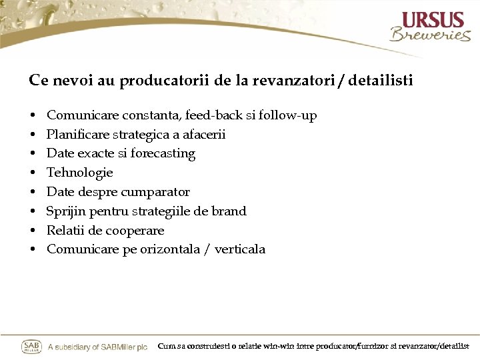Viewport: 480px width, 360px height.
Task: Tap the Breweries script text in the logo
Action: click(x=430, y=35)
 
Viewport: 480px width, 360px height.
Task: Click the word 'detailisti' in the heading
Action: click(x=381, y=81)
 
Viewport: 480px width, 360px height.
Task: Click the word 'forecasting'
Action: click(x=163, y=154)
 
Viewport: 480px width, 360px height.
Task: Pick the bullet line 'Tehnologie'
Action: click(x=80, y=173)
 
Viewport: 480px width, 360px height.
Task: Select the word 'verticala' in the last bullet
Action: click(x=240, y=249)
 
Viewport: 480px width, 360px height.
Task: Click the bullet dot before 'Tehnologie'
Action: click(x=32, y=173)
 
